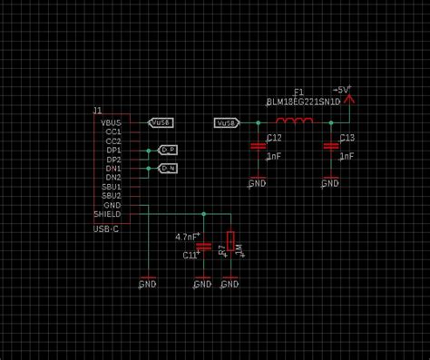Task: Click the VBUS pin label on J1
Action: point(110,122)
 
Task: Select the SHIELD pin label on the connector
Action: point(107,214)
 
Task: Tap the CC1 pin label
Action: point(112,131)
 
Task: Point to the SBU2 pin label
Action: point(111,195)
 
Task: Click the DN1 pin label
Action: point(112,168)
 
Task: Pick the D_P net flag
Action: point(168,149)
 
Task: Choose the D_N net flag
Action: point(168,168)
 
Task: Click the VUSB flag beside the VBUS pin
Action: point(161,122)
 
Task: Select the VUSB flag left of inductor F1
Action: point(227,122)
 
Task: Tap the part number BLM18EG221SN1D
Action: point(303,102)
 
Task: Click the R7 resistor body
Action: point(230,242)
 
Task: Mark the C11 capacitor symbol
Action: point(203,246)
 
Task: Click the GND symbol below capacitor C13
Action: point(329,183)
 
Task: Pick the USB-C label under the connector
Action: point(106,229)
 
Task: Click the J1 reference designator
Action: point(98,110)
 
